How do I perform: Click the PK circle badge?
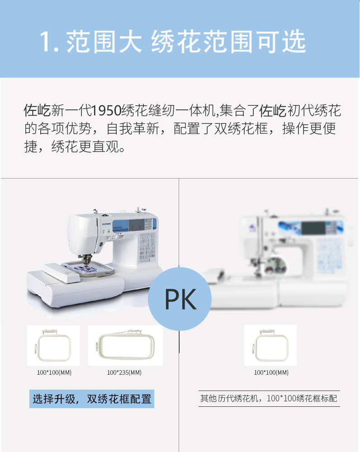pyautogui.click(x=180, y=299)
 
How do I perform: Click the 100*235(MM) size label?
pyautogui.click(x=124, y=372)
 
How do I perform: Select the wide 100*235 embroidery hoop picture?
pyautogui.click(x=125, y=345)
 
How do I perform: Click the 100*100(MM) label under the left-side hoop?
pyautogui.click(x=54, y=372)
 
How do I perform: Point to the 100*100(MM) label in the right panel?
pyautogui.click(x=271, y=372)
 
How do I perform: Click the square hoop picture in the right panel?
pyautogui.click(x=270, y=345)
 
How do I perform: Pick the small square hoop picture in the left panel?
pyautogui.click(x=53, y=345)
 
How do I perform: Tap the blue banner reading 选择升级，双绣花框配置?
pyautogui.click(x=92, y=399)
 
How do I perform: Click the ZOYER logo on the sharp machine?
pyautogui.click(x=106, y=224)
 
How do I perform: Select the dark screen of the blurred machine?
pyautogui.click(x=313, y=228)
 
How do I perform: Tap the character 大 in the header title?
pyautogui.click(x=130, y=42)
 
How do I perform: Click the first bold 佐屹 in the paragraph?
pyautogui.click(x=37, y=110)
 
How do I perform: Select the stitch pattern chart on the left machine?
pyautogui.click(x=147, y=248)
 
